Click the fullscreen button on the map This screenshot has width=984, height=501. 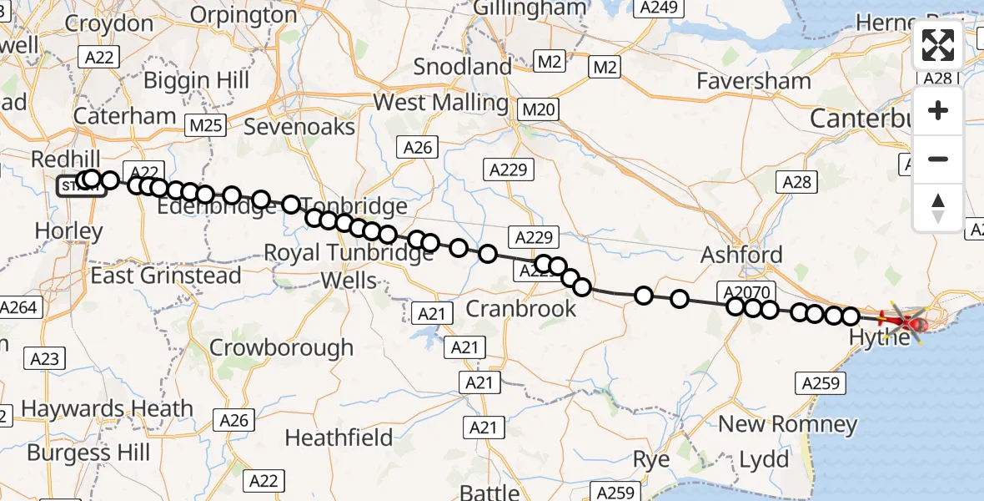coord(938,45)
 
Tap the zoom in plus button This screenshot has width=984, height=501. coord(938,110)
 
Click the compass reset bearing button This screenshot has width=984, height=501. coord(938,208)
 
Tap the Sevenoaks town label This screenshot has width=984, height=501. coord(299,127)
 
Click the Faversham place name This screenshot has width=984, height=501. coord(754,81)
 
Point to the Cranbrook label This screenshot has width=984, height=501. coord(520,308)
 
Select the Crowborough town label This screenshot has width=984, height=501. coord(281,347)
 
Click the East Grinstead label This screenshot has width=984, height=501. coord(166,275)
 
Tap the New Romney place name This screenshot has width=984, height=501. coord(787,424)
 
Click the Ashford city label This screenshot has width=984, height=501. coord(741,255)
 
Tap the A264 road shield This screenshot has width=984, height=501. coord(18,307)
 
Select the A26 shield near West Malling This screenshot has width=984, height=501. coord(417,148)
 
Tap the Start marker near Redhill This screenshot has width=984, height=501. coord(76,185)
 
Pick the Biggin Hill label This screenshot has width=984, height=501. coord(196,80)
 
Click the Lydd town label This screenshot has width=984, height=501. coord(764,460)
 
